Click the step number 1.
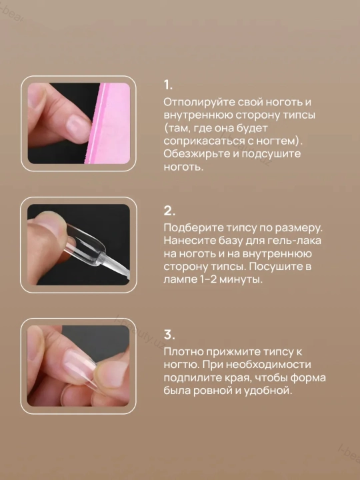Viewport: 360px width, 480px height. tap(168, 85)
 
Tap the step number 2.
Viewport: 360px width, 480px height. tap(169, 211)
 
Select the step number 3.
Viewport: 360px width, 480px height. tap(169, 335)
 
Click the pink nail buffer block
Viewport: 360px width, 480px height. tap(109, 123)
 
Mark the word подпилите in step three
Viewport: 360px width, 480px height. tap(191, 378)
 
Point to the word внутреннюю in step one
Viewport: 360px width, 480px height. tap(198, 115)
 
